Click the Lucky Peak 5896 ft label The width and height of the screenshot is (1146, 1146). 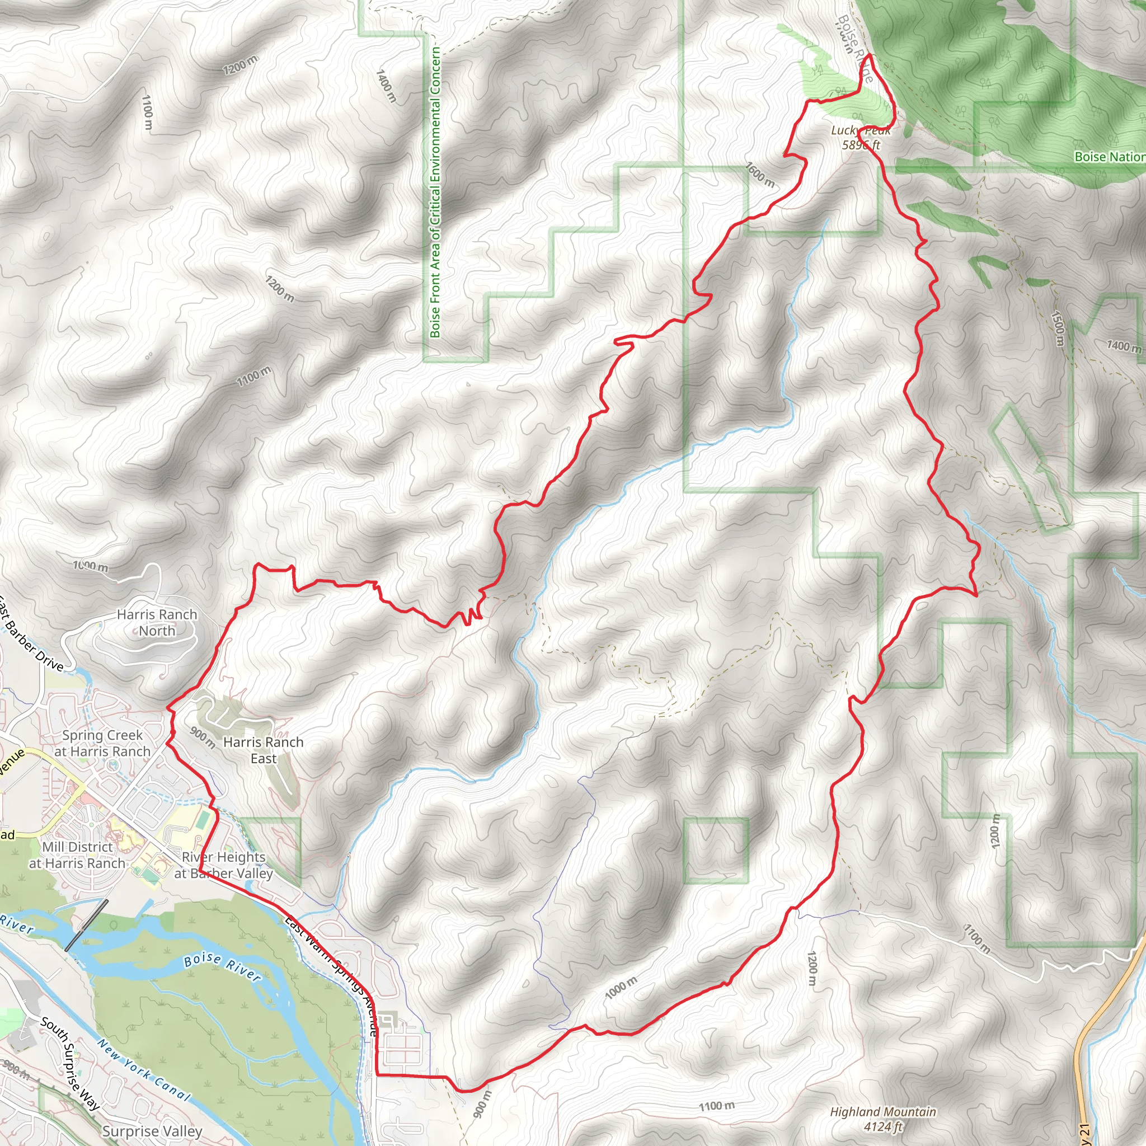tap(861, 137)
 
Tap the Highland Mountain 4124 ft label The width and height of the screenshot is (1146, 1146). tap(882, 1119)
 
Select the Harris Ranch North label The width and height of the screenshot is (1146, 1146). tap(157, 622)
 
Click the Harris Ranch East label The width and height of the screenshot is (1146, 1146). tap(263, 750)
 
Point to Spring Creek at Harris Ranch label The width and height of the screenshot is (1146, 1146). tap(102, 743)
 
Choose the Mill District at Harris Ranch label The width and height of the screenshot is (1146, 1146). tap(77, 855)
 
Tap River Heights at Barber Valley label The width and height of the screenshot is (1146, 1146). tap(223, 865)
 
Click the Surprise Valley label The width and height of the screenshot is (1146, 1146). tap(152, 1131)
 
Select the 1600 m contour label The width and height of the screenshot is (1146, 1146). tap(760, 175)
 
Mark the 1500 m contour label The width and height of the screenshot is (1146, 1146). tap(1058, 328)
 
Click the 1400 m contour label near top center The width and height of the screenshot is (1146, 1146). tap(386, 85)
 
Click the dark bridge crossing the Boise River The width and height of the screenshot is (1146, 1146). tap(87, 925)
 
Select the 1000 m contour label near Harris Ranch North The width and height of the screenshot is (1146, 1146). tap(91, 566)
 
